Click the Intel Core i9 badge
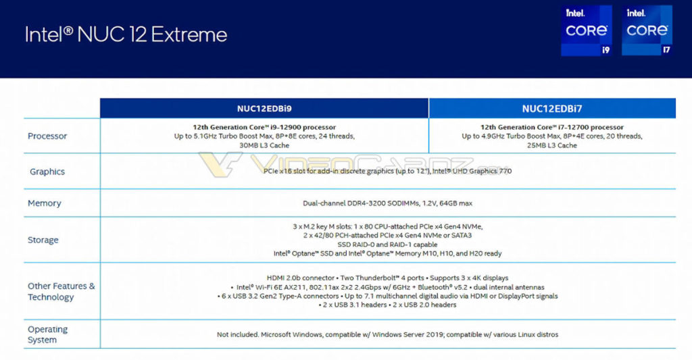[585, 30]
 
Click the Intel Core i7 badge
[647, 30]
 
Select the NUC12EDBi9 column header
[264, 108]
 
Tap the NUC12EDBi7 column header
[552, 108]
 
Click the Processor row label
[47, 136]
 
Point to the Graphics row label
[47, 172]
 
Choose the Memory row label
[45, 203]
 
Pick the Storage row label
[43, 240]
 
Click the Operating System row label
[47, 334]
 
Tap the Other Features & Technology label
[61, 291]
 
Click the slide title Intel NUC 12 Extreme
[126, 34]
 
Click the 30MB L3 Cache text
[264, 145]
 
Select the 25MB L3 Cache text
[552, 145]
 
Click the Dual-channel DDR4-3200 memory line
[388, 203]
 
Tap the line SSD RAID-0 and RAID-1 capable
[388, 245]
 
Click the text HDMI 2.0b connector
[299, 278]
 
